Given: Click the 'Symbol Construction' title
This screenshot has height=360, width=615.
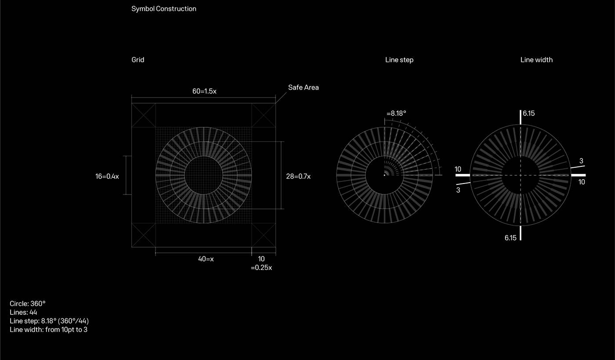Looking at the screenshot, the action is click(x=163, y=9).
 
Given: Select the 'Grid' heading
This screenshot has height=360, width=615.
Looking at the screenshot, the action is click(x=138, y=60).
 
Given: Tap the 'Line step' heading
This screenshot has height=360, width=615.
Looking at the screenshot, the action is click(x=399, y=60).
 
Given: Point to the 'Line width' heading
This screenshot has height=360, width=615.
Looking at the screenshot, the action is click(x=536, y=60).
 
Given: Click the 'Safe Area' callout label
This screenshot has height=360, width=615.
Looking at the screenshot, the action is click(x=304, y=87).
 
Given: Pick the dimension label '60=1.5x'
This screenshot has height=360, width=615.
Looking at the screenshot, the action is click(x=204, y=91).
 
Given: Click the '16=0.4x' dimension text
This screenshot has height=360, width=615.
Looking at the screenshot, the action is click(x=107, y=176).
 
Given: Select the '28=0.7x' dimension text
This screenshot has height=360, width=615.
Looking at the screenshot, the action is click(x=298, y=176).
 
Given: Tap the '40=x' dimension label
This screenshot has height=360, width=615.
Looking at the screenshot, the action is click(x=206, y=259).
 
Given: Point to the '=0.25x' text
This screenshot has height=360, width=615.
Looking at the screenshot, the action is click(x=261, y=268).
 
